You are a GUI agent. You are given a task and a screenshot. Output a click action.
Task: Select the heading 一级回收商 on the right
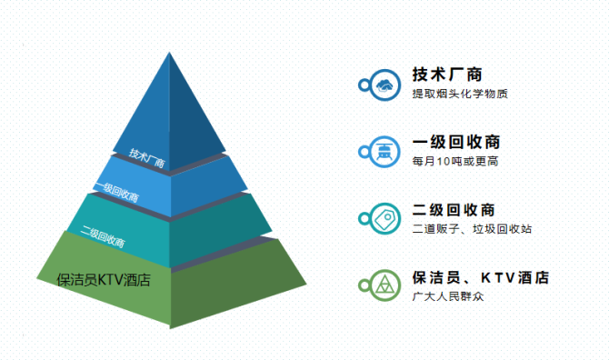[455, 143]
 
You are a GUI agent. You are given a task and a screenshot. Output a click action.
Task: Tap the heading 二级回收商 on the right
[454, 210]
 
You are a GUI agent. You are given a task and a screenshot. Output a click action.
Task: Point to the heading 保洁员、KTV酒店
[480, 277]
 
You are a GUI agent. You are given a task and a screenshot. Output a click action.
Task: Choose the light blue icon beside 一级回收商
[385, 152]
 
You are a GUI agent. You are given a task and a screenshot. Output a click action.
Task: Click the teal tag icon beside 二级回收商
[385, 219]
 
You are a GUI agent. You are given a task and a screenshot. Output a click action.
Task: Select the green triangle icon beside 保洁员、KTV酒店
[385, 286]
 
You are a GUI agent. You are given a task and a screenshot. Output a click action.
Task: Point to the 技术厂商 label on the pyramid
[146, 158]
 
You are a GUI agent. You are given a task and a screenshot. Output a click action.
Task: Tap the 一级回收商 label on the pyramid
[115, 192]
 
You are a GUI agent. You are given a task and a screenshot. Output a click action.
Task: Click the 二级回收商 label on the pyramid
[103, 235]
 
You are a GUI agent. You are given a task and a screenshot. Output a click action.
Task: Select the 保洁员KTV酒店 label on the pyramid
[102, 280]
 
